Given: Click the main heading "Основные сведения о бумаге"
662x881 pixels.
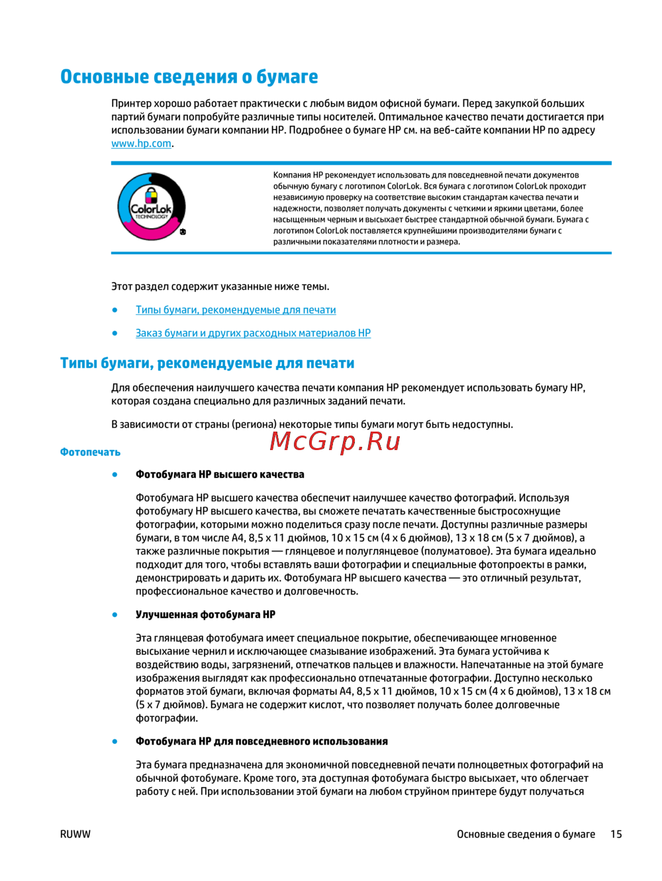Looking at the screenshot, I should coord(189,77).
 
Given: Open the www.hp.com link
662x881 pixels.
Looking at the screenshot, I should coord(141,144).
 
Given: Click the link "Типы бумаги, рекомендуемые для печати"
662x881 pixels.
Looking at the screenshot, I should coord(236,310).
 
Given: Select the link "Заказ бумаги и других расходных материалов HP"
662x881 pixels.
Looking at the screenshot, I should coord(253,333).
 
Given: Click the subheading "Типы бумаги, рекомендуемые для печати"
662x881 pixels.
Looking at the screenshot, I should coord(207,363).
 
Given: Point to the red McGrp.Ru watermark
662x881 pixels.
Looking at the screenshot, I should coord(335,440).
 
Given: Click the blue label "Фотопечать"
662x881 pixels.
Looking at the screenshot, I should coord(90,452).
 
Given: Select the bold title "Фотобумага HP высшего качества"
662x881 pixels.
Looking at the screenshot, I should coord(220,475).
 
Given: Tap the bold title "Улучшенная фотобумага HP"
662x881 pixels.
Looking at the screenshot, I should coord(205,614).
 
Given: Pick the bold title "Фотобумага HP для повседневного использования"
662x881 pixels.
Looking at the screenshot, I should coord(261,741).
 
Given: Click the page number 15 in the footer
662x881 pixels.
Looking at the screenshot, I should coord(616,834).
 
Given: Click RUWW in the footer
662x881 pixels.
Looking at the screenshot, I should coord(75,834).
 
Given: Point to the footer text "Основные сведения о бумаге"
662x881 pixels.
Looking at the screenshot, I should coord(526,834).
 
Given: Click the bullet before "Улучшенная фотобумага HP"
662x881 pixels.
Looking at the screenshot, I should coord(115,614).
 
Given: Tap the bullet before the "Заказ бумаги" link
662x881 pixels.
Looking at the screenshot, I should coord(115,333).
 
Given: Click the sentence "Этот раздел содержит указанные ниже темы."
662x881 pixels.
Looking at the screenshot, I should coord(220,287).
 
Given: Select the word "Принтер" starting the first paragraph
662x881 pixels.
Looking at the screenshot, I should coord(131,103).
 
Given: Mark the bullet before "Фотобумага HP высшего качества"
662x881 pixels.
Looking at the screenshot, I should coord(115,475).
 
